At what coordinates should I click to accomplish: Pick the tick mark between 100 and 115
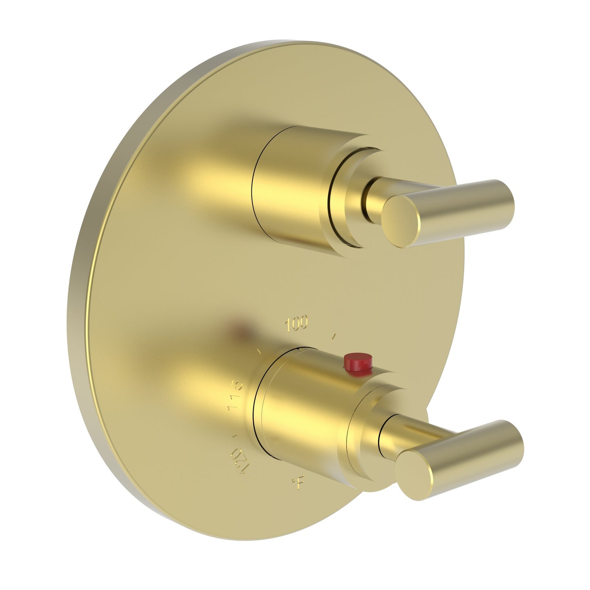259,350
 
